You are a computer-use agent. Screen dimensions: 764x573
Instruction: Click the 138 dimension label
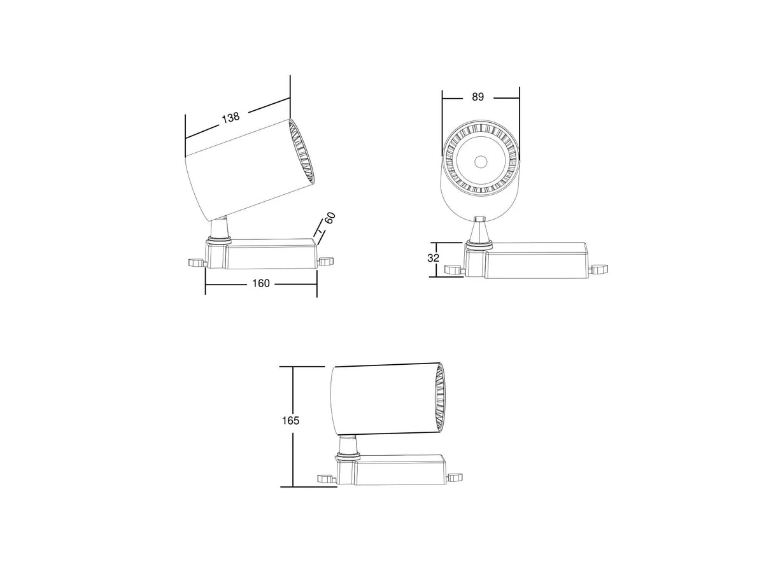point(230,117)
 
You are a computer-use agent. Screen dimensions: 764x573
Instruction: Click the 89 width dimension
point(478,97)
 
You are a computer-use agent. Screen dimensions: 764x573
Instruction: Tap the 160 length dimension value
point(260,283)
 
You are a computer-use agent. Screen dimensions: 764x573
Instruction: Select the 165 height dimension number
point(290,421)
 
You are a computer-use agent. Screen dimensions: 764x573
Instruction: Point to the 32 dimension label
point(433,258)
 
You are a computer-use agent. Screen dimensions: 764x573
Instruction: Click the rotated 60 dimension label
point(329,218)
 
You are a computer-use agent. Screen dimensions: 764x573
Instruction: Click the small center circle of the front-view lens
point(481,162)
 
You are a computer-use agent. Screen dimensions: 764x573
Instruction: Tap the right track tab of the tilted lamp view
point(326,261)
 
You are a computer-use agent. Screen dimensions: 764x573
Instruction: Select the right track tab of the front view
point(600,269)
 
